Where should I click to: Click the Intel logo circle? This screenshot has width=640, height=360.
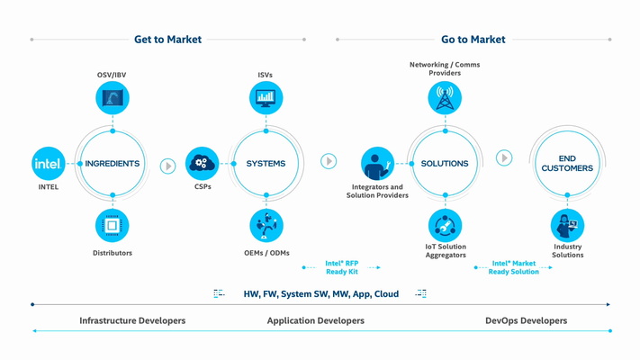pyautogui.click(x=48, y=164)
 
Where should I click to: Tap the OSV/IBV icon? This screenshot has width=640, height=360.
pyautogui.click(x=113, y=98)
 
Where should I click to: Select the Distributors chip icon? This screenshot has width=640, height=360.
pyautogui.click(x=113, y=226)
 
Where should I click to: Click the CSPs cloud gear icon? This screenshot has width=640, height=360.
pyautogui.click(x=202, y=163)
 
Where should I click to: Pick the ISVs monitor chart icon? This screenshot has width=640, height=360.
pyautogui.click(x=266, y=98)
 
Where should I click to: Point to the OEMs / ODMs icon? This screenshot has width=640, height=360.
pyautogui.click(x=266, y=226)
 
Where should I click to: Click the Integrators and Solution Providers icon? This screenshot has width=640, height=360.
pyautogui.click(x=377, y=164)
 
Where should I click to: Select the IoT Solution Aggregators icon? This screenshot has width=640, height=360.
pyautogui.click(x=445, y=226)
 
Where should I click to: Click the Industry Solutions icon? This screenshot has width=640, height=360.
pyautogui.click(x=567, y=225)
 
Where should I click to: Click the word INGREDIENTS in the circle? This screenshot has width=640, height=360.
pyautogui.click(x=113, y=164)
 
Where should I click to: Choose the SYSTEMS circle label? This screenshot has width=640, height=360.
pyautogui.click(x=266, y=164)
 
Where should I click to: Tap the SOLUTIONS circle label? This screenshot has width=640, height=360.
pyautogui.click(x=445, y=164)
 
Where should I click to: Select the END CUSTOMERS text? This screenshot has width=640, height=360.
pyautogui.click(x=567, y=164)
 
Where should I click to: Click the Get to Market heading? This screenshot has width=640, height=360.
pyautogui.click(x=167, y=40)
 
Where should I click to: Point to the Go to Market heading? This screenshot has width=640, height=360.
pyautogui.click(x=473, y=40)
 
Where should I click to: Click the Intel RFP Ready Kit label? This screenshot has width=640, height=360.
pyautogui.click(x=342, y=267)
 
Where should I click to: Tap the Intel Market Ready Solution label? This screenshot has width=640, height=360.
pyautogui.click(x=514, y=267)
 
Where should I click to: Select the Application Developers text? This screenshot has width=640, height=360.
pyautogui.click(x=315, y=320)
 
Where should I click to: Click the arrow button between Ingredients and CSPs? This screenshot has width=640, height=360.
pyautogui.click(x=167, y=166)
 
